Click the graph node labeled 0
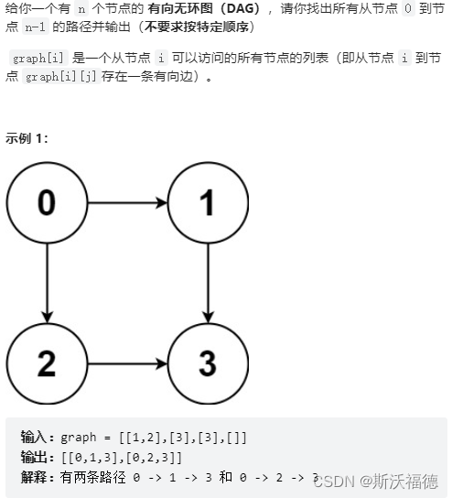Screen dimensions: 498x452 tap(46, 202)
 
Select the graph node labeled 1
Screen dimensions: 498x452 tap(209, 202)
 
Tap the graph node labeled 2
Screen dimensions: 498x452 tap(46, 363)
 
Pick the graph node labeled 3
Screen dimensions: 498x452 tap(209, 363)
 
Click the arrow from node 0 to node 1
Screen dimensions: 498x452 tap(127, 202)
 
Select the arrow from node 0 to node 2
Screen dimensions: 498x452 tap(46, 283)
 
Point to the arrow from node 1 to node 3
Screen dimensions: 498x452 tap(209, 283)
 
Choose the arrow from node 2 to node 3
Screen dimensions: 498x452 tap(127, 363)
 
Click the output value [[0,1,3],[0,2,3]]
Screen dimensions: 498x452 tap(121, 457)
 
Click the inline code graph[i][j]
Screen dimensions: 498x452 tap(65, 77)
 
